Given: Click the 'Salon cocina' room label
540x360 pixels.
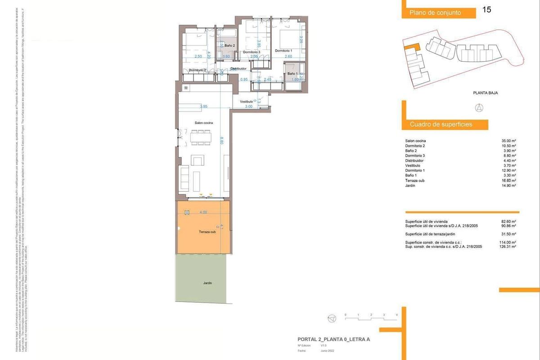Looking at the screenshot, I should pyautogui.click(x=203, y=123).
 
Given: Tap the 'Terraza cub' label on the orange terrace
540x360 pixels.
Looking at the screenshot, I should pyautogui.click(x=207, y=232).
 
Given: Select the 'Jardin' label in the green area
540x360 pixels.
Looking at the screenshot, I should pyautogui.click(x=207, y=283).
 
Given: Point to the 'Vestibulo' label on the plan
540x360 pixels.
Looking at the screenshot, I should pyautogui.click(x=246, y=102).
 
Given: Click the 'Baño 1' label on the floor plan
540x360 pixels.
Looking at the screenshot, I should pyautogui.click(x=292, y=73).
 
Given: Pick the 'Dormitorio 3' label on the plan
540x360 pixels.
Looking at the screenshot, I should pyautogui.click(x=252, y=52).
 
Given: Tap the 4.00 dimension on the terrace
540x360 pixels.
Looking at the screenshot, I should pyautogui.click(x=203, y=212).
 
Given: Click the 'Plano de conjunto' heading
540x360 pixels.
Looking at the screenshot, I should pyautogui.click(x=435, y=13).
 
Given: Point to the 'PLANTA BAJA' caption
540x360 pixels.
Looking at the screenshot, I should pyautogui.click(x=485, y=93).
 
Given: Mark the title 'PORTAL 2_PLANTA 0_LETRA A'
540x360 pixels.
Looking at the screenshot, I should pyautogui.click(x=333, y=339).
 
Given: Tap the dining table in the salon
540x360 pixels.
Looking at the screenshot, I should pyautogui.click(x=201, y=137).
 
